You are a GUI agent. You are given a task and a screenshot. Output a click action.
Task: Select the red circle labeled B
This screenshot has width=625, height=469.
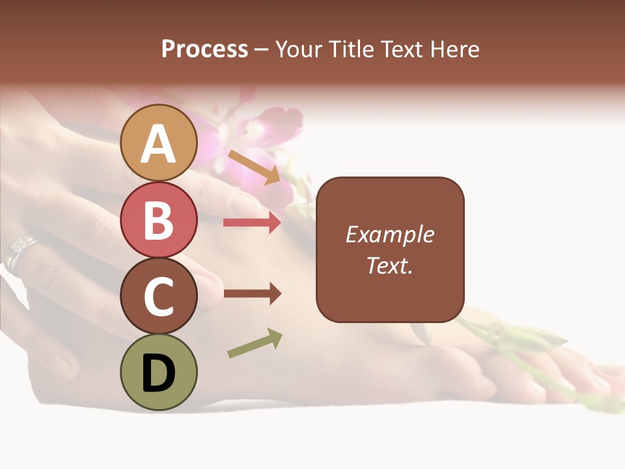tap(159, 220)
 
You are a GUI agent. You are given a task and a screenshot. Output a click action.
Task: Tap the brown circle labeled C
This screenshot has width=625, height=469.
tap(159, 296)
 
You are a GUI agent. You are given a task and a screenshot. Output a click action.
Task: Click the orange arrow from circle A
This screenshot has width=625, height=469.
tap(254, 167)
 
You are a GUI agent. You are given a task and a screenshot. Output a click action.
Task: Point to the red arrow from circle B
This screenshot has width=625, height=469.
tap(252, 223)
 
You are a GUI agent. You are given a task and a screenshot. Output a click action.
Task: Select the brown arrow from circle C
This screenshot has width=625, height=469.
tap(252, 294)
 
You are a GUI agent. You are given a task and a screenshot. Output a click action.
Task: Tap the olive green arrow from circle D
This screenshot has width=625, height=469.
tap(255, 343)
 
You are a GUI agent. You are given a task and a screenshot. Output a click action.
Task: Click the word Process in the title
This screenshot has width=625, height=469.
tap(204, 50)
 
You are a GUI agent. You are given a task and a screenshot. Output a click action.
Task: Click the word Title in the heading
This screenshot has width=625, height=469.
tap(350, 50)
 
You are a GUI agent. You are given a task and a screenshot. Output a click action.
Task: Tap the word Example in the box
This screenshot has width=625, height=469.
tap(389, 234)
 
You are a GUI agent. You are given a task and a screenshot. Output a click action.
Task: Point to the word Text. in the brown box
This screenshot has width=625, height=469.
tap(389, 266)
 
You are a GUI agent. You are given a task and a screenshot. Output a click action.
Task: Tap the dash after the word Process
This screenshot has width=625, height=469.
tap(262, 50)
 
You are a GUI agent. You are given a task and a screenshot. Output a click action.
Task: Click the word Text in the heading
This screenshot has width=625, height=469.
tap(402, 50)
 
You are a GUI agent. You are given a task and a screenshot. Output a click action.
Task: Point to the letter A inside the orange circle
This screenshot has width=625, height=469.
tap(159, 144)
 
